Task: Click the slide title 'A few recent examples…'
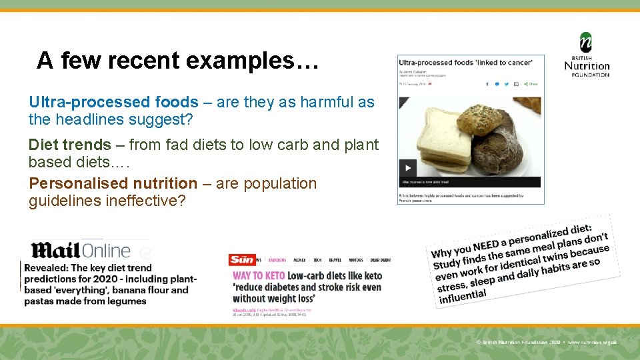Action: coord(178,61)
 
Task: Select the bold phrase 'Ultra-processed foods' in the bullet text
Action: coord(113,102)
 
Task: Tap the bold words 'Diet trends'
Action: coord(69,145)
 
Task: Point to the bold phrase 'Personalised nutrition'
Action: coord(113,183)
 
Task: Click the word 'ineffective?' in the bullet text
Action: coord(145,201)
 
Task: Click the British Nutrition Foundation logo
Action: coord(587,55)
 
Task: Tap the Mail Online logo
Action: coord(80,251)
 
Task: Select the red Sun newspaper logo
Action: coord(241,259)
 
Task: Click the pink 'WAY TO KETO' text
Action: coord(259,275)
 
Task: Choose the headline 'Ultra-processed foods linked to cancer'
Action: coord(465,63)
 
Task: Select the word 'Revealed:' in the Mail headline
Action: coord(46,268)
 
